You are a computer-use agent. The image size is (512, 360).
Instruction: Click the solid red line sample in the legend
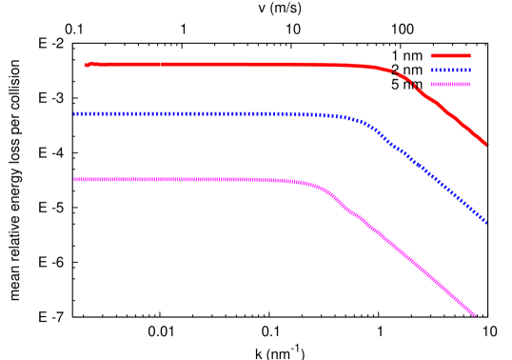tap(451, 55)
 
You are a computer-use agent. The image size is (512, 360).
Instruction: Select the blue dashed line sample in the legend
tap(451, 70)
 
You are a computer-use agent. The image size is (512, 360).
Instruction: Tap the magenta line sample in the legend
tap(451, 84)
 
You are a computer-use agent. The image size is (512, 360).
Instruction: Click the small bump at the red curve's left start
tap(88, 64)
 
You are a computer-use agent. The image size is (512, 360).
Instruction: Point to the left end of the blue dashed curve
tap(75, 113)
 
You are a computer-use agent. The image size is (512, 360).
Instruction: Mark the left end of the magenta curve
tap(75, 179)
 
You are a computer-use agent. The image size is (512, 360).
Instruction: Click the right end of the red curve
tap(485, 145)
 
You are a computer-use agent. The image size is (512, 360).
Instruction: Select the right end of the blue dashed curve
tap(485, 221)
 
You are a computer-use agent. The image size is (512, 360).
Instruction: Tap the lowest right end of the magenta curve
tap(473, 313)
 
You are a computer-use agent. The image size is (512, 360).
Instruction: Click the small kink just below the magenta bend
tap(350, 212)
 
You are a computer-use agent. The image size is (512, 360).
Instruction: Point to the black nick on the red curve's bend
tap(394, 73)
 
